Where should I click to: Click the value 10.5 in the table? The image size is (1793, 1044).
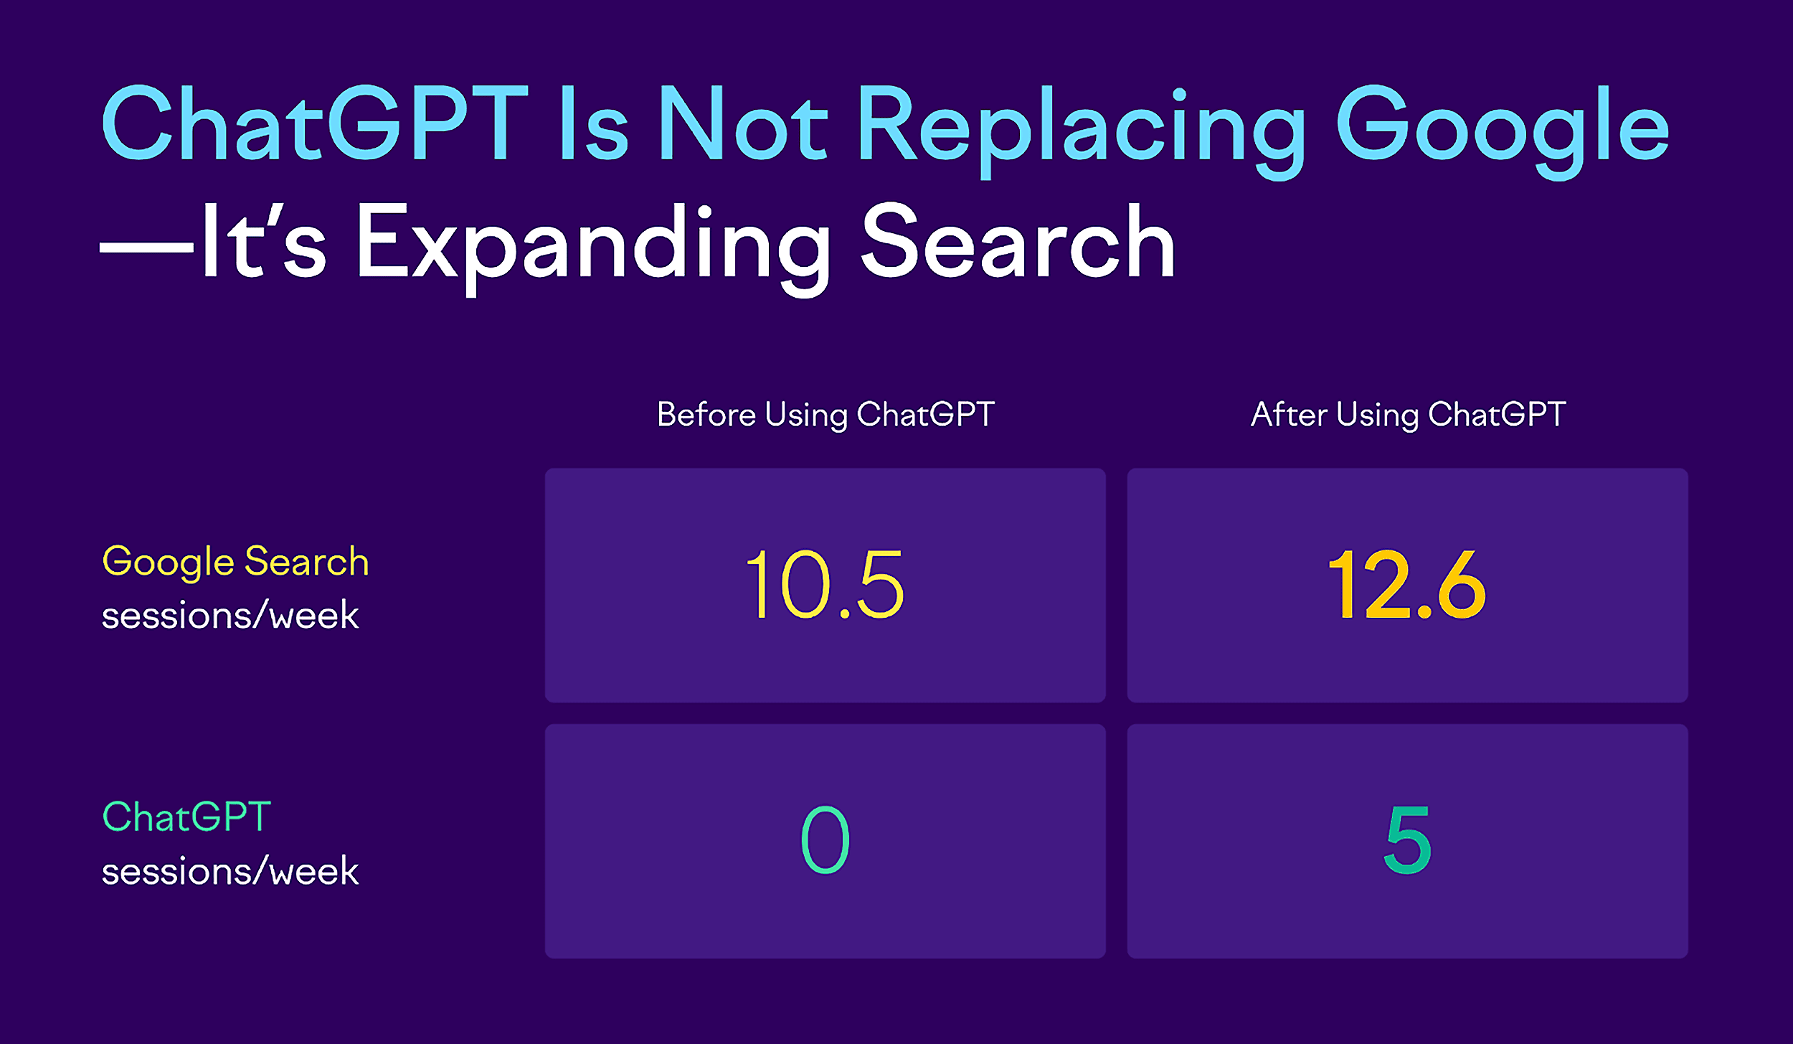tap(825, 585)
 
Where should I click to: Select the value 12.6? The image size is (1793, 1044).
tap(1407, 585)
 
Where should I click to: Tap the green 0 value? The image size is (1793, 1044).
tap(825, 840)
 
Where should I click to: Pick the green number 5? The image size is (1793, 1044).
tap(1407, 840)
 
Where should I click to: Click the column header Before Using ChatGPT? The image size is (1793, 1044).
tap(825, 415)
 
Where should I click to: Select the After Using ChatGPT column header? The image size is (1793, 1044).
tap(1408, 415)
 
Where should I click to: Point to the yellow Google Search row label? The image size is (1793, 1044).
tap(235, 562)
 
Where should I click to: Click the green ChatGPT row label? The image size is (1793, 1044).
tap(186, 817)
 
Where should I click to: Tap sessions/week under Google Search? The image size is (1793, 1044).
tap(230, 616)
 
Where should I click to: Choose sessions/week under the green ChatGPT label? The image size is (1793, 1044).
tap(230, 871)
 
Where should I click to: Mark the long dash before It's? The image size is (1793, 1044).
tap(146, 248)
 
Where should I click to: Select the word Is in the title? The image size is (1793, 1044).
tap(594, 123)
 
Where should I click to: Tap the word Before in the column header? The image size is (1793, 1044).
tap(706, 415)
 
